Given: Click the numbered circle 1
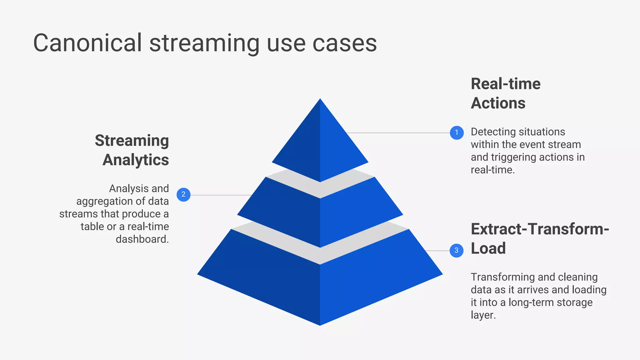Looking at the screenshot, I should [457, 133].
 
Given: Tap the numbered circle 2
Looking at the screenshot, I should [183, 195].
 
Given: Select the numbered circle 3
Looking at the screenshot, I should [456, 251].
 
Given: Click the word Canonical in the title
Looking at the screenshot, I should [87, 43].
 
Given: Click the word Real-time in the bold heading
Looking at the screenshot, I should [506, 84].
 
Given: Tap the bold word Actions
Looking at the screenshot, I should [498, 103].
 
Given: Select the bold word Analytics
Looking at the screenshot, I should [136, 160].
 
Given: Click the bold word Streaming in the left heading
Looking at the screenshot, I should [132, 141].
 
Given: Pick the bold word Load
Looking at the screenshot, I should [488, 248].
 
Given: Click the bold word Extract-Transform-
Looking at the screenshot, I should [540, 229].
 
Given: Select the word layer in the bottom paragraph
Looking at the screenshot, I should [482, 315].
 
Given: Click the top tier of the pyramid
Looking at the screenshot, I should [320, 144].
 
